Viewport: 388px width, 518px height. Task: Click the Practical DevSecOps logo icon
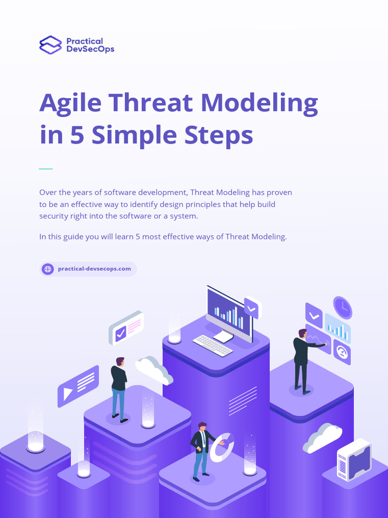click(50, 45)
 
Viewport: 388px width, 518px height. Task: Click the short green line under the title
click(46, 168)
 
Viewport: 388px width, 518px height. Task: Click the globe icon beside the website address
click(48, 269)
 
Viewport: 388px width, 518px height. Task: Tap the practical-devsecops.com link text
click(94, 269)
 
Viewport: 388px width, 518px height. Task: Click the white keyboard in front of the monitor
click(213, 346)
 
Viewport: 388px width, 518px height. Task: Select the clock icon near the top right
click(343, 308)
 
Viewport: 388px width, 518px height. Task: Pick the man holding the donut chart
click(201, 450)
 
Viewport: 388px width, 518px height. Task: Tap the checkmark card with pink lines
click(126, 328)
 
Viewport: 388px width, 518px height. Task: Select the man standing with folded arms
click(119, 388)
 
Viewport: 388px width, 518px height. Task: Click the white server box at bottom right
click(354, 459)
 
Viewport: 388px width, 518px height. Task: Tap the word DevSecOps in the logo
click(90, 49)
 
